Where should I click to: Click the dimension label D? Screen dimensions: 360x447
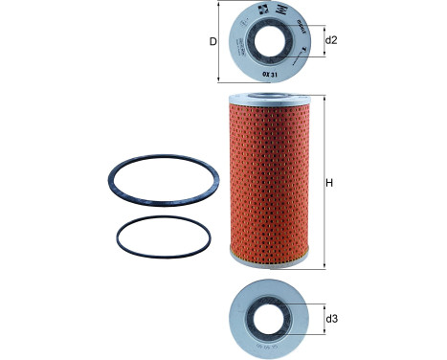[x=213, y=40]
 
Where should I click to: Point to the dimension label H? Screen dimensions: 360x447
[x=331, y=182]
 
